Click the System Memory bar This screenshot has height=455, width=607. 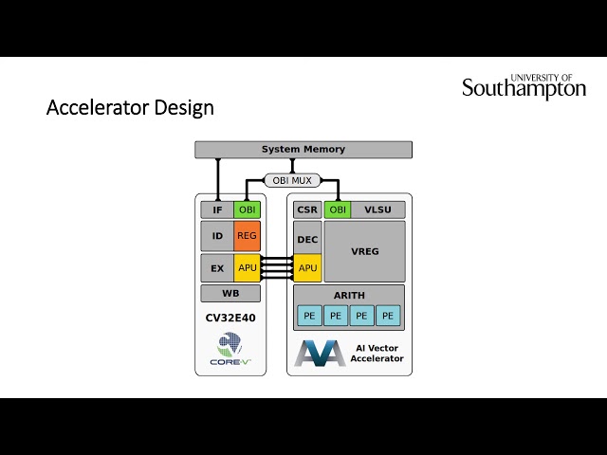point(303,150)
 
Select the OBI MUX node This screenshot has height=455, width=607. point(292,180)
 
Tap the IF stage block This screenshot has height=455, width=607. point(217,209)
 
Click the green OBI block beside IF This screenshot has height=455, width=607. point(247,209)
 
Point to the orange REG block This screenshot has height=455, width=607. point(247,236)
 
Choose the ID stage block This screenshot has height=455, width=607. point(217,236)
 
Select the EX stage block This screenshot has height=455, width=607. point(217,268)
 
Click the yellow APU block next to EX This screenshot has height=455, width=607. point(247,268)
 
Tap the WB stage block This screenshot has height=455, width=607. point(230,294)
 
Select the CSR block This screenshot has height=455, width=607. point(307,209)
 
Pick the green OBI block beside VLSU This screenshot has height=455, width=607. point(337,209)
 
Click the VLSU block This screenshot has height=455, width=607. point(377,209)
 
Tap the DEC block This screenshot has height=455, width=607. point(307,240)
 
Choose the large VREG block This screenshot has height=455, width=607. point(364,250)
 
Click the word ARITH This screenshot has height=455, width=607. point(349,296)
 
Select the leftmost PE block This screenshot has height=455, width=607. point(309,316)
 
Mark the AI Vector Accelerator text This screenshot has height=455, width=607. point(377,354)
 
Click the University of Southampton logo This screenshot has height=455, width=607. point(524,86)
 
